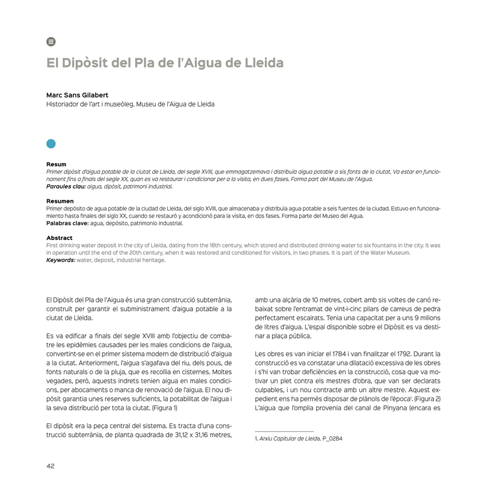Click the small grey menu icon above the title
[x=51, y=42]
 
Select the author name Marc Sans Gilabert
[x=77, y=95]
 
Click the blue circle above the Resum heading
[x=51, y=143]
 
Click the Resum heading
[x=56, y=164]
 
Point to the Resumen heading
[x=60, y=201]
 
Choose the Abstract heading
[x=59, y=238]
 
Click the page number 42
[x=50, y=466]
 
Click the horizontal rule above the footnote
[x=284, y=431]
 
